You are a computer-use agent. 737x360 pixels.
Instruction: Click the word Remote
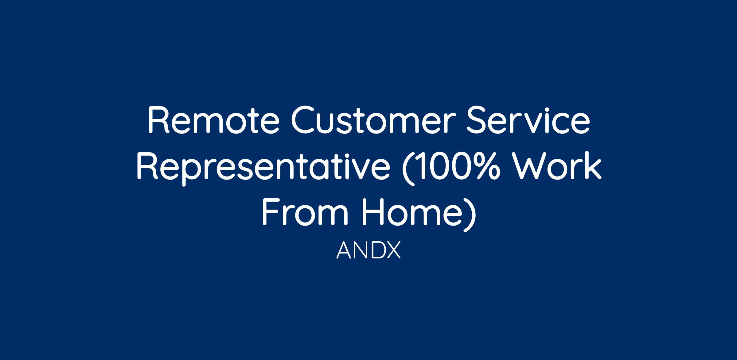[x=214, y=120]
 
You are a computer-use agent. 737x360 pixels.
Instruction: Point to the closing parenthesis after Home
[x=470, y=215]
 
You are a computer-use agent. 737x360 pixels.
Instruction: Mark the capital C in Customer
[x=304, y=120]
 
